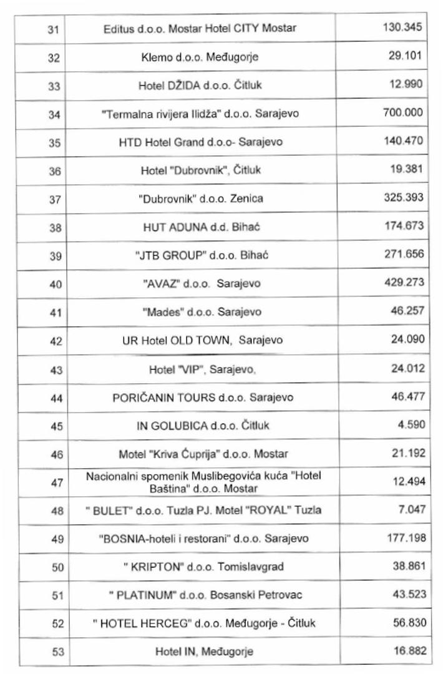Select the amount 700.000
[x=403, y=112]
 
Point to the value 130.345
[x=403, y=27]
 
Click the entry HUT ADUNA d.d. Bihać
[x=201, y=228]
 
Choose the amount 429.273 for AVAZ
[x=403, y=282]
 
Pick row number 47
[x=52, y=483]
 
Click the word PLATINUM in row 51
[x=148, y=595]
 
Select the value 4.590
[x=412, y=424]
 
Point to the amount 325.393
[x=403, y=197]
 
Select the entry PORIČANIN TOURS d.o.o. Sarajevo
[x=200, y=398]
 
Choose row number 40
[x=52, y=285]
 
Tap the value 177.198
[x=403, y=537]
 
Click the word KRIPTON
[x=154, y=566]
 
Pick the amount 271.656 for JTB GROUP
[x=403, y=254]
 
